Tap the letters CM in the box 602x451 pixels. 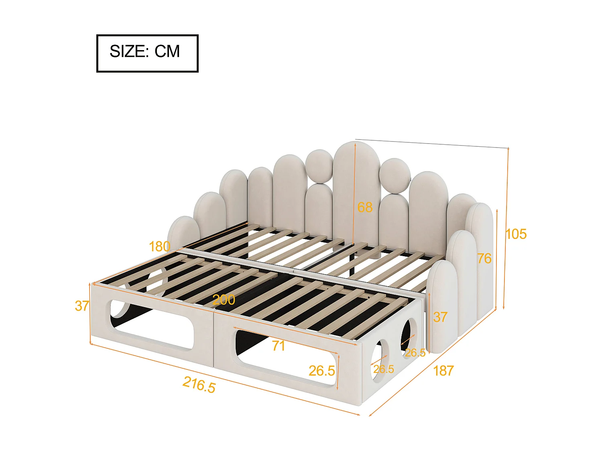(x=167, y=52)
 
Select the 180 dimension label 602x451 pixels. (x=159, y=247)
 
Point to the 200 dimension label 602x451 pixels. (x=224, y=299)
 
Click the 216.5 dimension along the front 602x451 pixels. (x=199, y=384)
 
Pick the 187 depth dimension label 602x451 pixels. (x=443, y=371)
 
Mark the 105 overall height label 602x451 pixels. (x=516, y=234)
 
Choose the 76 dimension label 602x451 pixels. (x=484, y=259)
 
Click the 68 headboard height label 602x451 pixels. (x=365, y=207)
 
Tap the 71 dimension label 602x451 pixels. (x=278, y=346)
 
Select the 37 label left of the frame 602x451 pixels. (x=82, y=306)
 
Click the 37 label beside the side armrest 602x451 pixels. (x=440, y=317)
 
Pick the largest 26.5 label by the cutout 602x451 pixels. (x=321, y=371)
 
